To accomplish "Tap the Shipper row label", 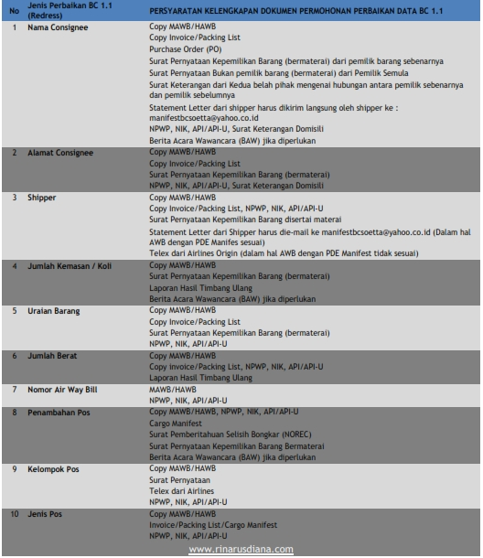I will [x=40, y=196].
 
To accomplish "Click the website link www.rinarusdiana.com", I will [x=241, y=549].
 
